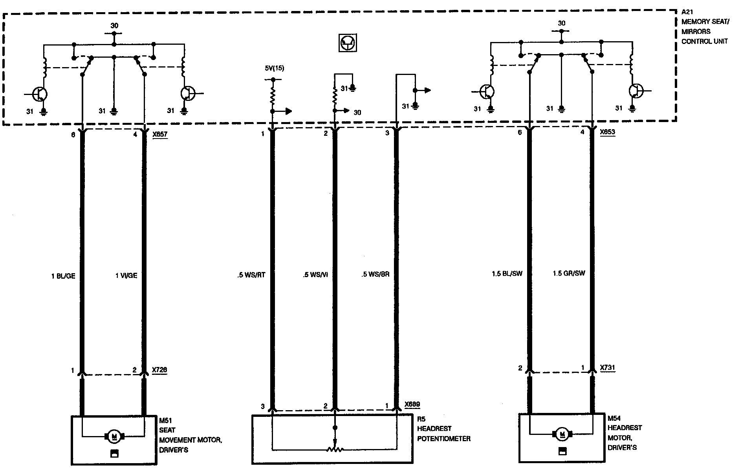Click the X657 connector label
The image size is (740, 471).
click(x=160, y=134)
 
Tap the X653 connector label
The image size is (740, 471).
click(x=608, y=132)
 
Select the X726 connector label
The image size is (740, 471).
click(x=159, y=370)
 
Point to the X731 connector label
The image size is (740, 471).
click(x=608, y=368)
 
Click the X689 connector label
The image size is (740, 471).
click(x=412, y=405)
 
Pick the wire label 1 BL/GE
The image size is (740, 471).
click(x=63, y=276)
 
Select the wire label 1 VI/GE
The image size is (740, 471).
click(x=126, y=276)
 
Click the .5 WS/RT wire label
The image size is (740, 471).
click(x=251, y=275)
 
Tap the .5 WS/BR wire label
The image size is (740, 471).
click(x=375, y=274)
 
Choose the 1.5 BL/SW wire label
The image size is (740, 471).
click(x=507, y=274)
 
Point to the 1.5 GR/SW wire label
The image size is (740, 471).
click(x=569, y=274)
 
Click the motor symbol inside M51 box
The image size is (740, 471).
click(x=114, y=436)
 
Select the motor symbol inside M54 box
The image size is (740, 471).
click(x=562, y=434)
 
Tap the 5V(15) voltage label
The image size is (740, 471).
click(x=275, y=68)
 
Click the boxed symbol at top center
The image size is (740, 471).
click(x=348, y=42)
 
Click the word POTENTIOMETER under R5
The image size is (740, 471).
click(x=444, y=438)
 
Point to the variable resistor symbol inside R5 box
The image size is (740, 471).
click(x=335, y=449)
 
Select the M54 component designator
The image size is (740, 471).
click(x=614, y=418)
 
